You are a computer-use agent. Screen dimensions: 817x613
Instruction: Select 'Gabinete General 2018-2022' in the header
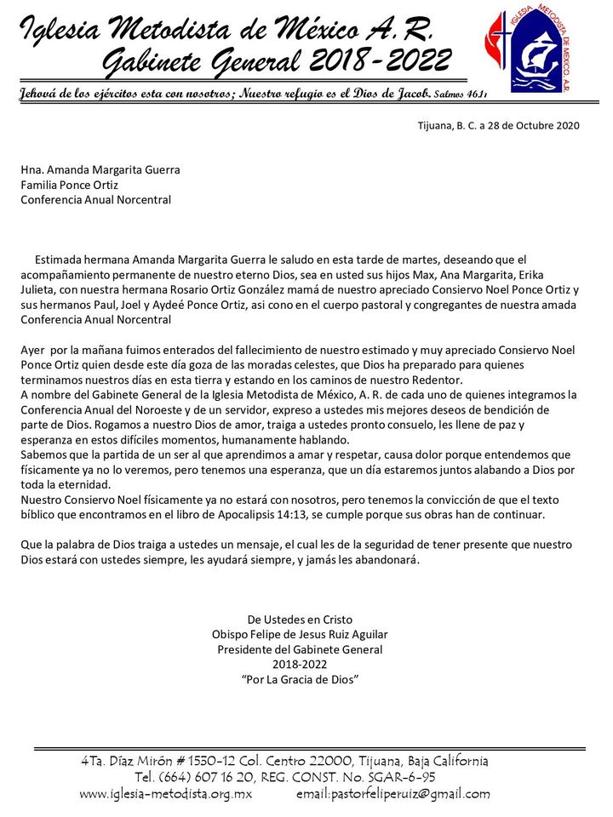(277, 60)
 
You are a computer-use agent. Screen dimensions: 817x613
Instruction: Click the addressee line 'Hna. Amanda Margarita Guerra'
(100, 169)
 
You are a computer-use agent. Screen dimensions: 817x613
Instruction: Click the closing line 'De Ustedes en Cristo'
(299, 619)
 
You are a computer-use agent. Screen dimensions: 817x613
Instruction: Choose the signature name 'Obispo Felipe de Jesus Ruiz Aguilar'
(299, 634)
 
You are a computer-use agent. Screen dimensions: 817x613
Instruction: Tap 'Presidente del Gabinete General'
(299, 649)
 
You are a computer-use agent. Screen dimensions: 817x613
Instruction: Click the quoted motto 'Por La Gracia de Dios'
(299, 680)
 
